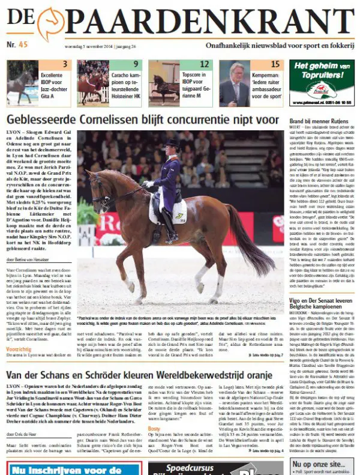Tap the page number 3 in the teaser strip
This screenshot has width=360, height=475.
(x=64, y=64)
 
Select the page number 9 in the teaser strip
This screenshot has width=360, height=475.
(x=136, y=64)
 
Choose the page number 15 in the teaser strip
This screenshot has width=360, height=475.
(x=275, y=64)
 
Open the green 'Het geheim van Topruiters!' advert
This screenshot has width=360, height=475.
(x=321, y=83)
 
